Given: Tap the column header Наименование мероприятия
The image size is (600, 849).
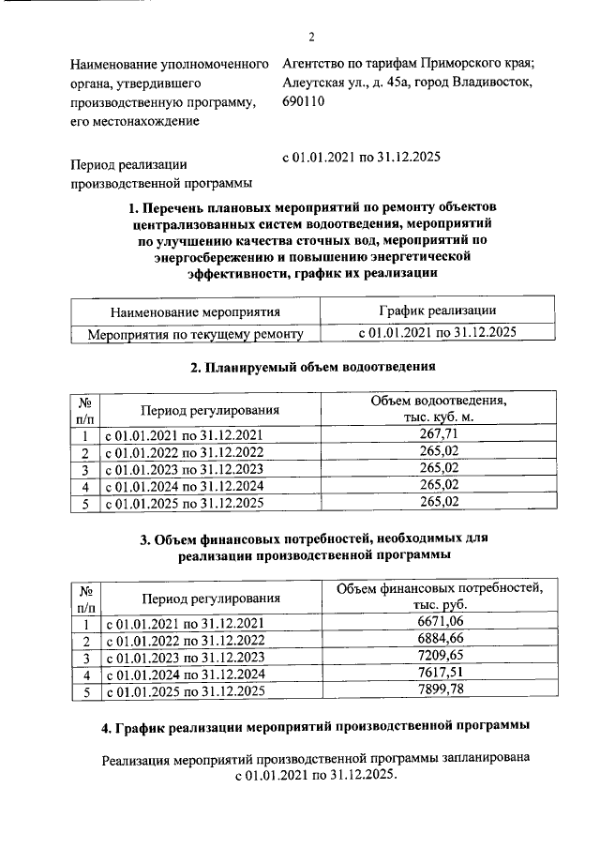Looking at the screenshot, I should [x=195, y=311].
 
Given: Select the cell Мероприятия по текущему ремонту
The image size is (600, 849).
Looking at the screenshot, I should [x=195, y=333].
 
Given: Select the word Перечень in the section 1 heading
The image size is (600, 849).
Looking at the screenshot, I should [x=176, y=205].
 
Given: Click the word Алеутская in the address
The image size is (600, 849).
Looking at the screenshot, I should [x=314, y=83].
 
